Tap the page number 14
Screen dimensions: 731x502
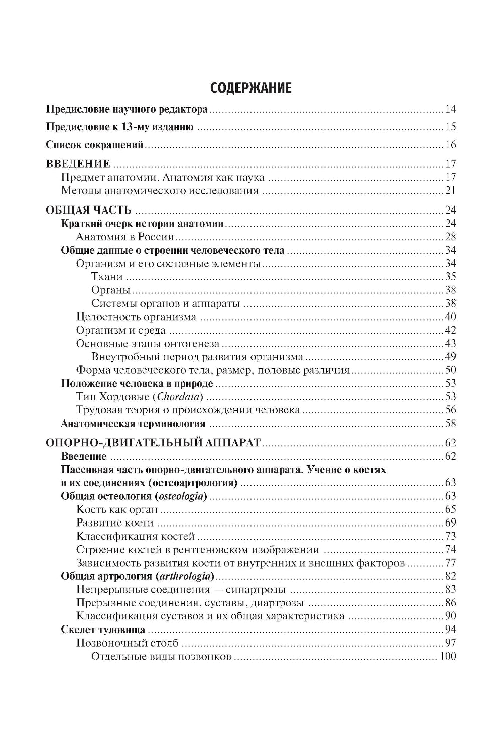pos(450,109)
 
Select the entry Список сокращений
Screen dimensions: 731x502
pos(95,145)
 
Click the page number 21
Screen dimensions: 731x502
pos(450,191)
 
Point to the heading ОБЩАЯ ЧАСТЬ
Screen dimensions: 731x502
pos(81,210)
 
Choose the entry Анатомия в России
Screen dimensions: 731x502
pos(125,237)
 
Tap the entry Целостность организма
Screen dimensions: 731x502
pos(136,317)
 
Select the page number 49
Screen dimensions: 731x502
pos(450,357)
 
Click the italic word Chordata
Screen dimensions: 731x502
pos(178,397)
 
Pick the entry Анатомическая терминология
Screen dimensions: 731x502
pos(133,424)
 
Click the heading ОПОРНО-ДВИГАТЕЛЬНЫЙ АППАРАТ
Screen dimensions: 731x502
pos(153,443)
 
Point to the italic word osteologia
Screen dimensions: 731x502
pos(180,497)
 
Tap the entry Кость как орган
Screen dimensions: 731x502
pos(117,510)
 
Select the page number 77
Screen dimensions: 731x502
pos(450,563)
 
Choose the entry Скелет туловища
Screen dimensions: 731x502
pos(103,630)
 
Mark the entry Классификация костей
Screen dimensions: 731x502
pos(136,536)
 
